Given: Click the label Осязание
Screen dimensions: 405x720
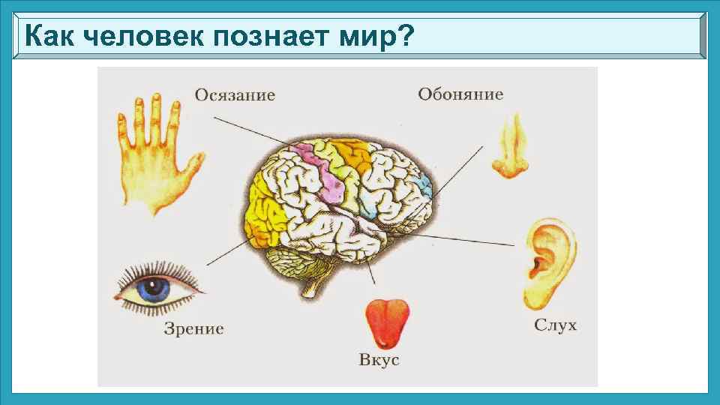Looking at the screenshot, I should pos(235,95).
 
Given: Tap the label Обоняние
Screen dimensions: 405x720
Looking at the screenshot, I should pos(460,94).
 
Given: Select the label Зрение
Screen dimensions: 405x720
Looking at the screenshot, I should pos(193,328).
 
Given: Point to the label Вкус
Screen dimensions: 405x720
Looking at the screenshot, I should pos(379,360).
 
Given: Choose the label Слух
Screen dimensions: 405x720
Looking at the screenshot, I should pos(555,325).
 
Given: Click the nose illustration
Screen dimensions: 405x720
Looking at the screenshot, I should pos(510,150).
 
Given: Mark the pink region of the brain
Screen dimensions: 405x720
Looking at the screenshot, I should pos(322,172).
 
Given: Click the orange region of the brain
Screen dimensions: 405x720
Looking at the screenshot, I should pos(349,157).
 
